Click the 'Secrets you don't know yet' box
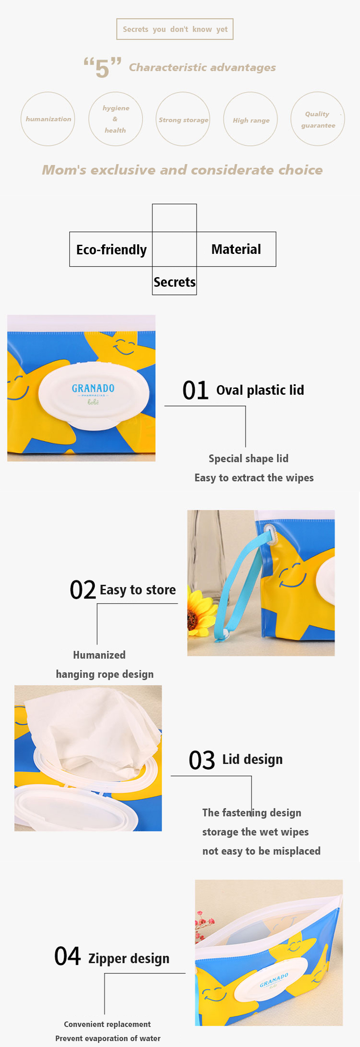pos(175,29)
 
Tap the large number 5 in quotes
pos(103,67)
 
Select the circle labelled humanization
pos(48,119)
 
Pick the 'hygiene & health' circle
pos(116,119)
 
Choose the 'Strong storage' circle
pos(183,119)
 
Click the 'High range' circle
pos(251,119)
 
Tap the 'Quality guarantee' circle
pos(318,119)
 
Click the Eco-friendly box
pos(111,249)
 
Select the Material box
pos(236,249)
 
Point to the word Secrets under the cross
pos(175,282)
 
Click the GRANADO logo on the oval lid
pos(93,388)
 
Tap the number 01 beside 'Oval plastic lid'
pos(195,390)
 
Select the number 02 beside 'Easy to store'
pos(82,590)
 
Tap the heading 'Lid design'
pos(252,759)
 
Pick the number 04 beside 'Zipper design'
pos(67,956)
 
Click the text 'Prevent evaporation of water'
pos(108,1038)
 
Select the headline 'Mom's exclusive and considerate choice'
pos(182,170)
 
